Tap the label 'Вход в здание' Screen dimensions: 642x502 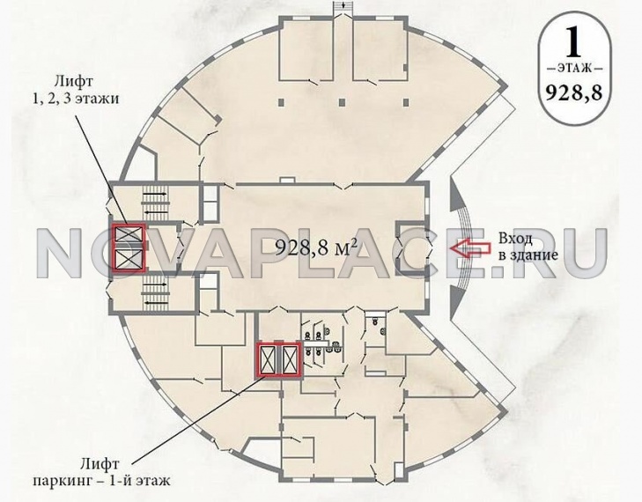[x=528, y=247]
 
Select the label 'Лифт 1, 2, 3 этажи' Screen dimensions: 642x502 [x=77, y=89]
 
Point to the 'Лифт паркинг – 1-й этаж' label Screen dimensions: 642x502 [x=101, y=472]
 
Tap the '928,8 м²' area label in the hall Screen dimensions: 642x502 [x=315, y=247]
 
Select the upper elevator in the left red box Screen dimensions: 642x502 [x=129, y=235]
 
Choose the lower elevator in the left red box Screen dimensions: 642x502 [x=129, y=259]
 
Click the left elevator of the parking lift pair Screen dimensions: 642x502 [x=267, y=359]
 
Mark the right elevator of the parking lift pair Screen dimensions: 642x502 [x=290, y=359]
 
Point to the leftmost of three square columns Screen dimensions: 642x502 [x=281, y=102]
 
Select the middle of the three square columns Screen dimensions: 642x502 [x=343, y=102]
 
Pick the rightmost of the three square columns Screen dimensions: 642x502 [x=406, y=102]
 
